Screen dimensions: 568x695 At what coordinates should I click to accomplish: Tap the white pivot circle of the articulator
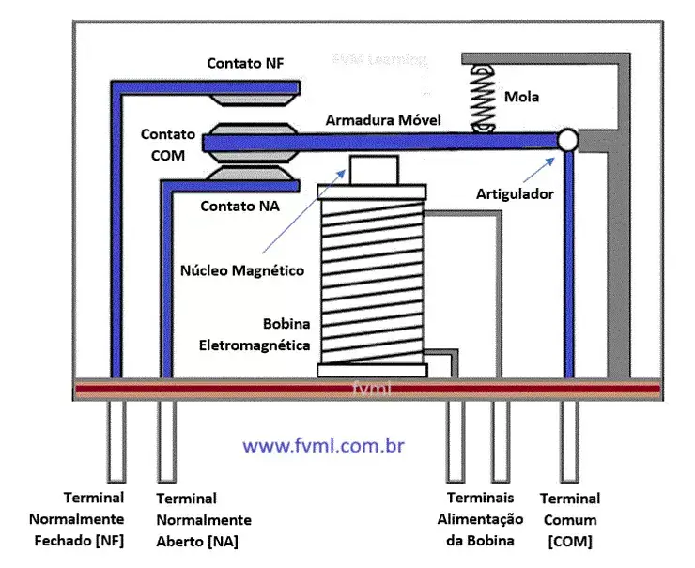[567, 140]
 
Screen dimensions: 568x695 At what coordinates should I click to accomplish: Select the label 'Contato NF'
[245, 63]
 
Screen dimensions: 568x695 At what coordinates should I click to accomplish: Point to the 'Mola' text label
[521, 97]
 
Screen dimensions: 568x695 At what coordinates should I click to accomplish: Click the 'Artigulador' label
[515, 193]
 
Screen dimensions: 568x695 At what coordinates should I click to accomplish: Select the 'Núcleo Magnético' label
[242, 270]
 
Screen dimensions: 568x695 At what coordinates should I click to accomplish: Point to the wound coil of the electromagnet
[373, 282]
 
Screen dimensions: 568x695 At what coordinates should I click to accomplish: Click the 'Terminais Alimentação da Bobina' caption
[480, 519]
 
